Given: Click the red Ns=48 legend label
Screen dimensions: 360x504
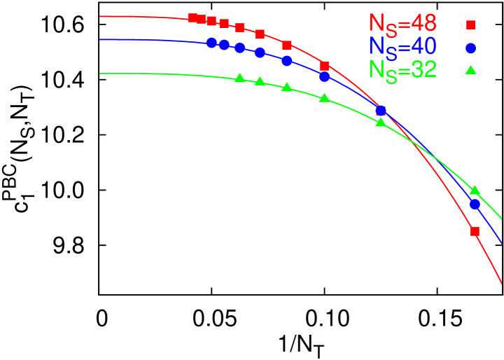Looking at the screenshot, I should (x=402, y=24).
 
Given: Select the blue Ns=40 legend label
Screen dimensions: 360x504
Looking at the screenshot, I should (x=402, y=46).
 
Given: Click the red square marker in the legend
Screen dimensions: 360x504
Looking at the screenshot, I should (x=470, y=25).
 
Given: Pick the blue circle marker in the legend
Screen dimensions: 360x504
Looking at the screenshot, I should (x=470, y=48).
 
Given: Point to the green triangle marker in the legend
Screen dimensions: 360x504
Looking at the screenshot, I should (x=470, y=69).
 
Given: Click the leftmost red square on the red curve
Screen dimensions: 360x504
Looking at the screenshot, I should (x=192, y=18).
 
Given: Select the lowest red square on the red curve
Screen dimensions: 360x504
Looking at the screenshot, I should (x=475, y=231).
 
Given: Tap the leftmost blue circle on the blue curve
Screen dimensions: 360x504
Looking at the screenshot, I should (x=211, y=43).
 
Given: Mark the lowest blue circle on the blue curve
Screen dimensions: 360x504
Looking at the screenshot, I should (x=475, y=205).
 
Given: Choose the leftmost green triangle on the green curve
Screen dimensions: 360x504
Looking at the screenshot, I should (x=240, y=78).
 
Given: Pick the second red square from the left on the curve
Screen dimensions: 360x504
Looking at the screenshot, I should (x=202, y=19).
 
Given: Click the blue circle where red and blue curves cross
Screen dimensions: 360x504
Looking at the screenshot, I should (x=381, y=110).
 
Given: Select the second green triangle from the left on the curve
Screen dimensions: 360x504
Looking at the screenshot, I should (x=260, y=81).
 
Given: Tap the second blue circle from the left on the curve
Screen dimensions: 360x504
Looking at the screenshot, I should (x=224, y=45).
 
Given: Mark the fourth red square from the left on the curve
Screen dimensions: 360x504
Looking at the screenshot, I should (x=224, y=23).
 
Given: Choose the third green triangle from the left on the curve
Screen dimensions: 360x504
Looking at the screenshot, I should (x=286, y=87).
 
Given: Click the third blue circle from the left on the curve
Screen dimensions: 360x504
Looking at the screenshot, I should (x=240, y=48).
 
